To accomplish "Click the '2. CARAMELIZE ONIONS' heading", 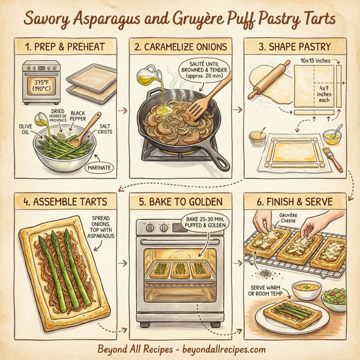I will tap(180, 46).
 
